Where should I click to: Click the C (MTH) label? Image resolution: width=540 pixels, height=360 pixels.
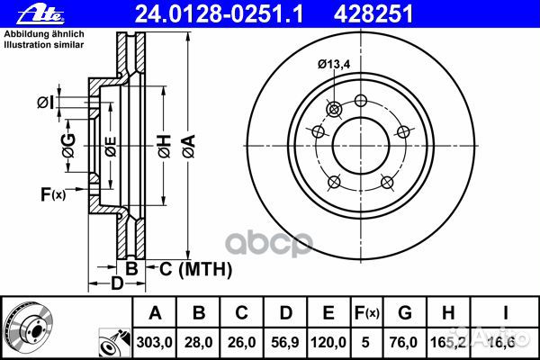pos(195,268)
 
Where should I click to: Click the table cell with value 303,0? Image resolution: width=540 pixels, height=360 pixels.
pos(155,342)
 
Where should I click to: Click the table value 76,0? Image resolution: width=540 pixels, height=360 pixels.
pos(405,342)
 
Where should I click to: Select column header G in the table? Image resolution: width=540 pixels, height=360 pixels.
pos(405,313)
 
